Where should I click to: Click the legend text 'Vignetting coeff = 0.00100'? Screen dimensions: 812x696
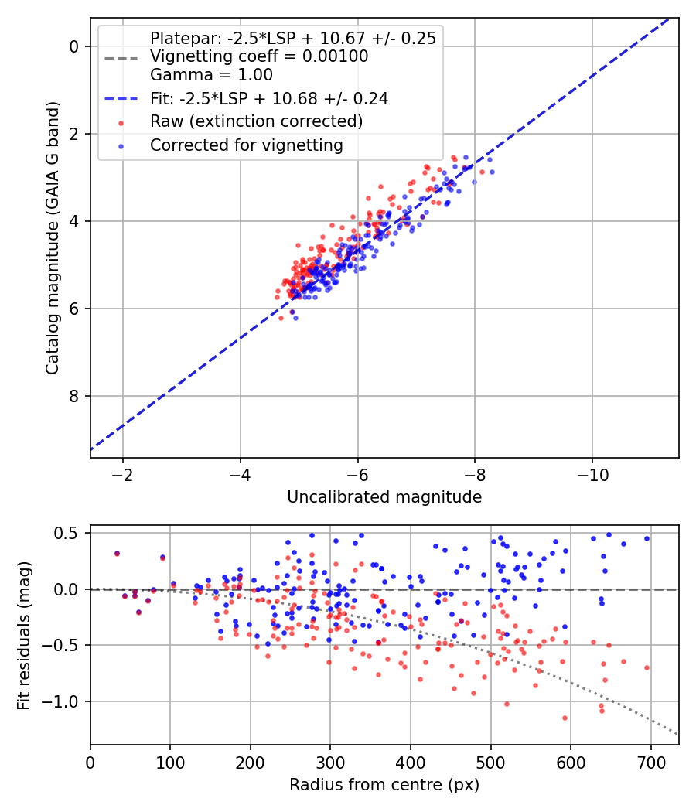coord(259,56)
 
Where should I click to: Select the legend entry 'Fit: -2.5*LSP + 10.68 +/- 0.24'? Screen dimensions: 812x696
coord(269,98)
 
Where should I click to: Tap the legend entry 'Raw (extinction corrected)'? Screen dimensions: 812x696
coord(257,121)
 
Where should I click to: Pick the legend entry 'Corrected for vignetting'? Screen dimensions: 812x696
coord(247,145)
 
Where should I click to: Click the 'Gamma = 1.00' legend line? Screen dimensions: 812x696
coord(211,75)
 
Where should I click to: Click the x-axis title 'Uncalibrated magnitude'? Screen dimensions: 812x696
coord(384,497)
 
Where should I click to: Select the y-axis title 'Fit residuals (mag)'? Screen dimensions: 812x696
coord(24,635)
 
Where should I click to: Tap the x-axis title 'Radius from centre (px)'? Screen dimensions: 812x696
coord(384,785)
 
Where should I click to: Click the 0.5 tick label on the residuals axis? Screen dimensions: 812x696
coord(70,533)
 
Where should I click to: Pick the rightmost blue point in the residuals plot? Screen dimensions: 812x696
coord(647,539)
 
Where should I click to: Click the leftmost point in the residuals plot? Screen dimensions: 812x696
coord(117,554)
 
